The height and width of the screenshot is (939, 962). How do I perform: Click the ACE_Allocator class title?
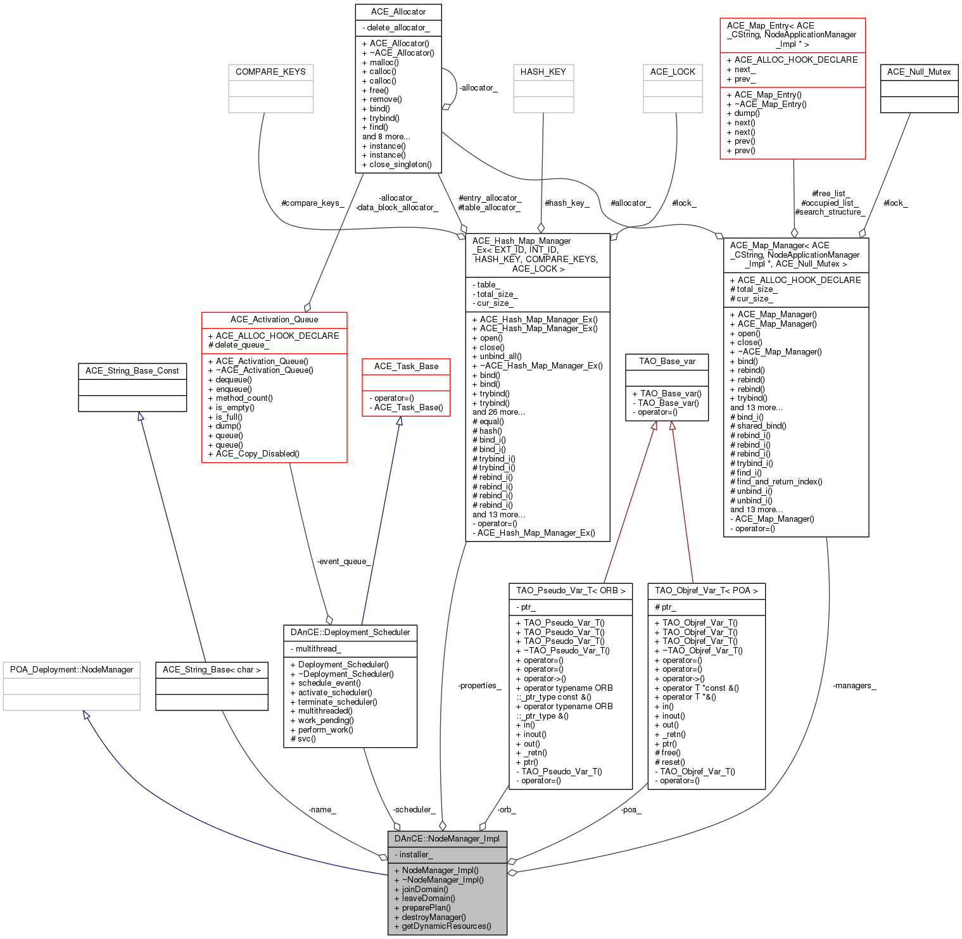pyautogui.click(x=398, y=12)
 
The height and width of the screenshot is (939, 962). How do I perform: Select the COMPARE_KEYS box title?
pyautogui.click(x=270, y=72)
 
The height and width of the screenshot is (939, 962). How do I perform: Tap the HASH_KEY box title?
pyautogui.click(x=543, y=72)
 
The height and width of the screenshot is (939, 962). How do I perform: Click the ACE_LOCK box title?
pyautogui.click(x=673, y=72)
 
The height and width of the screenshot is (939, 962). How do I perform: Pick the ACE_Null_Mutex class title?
pyautogui.click(x=919, y=72)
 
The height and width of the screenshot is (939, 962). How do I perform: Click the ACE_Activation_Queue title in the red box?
pyautogui.click(x=274, y=320)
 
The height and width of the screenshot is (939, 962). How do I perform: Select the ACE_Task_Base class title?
pyautogui.click(x=406, y=367)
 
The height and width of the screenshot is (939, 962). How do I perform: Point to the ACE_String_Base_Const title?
pyautogui.click(x=132, y=371)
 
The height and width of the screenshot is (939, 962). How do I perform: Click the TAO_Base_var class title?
pyautogui.click(x=667, y=362)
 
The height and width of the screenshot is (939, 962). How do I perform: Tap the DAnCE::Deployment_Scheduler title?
pyautogui.click(x=350, y=633)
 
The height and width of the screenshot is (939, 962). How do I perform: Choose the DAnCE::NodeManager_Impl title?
pyautogui.click(x=447, y=839)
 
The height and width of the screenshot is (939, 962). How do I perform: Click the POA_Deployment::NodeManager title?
pyautogui.click(x=72, y=670)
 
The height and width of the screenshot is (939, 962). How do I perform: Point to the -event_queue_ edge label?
pyautogui.click(x=343, y=562)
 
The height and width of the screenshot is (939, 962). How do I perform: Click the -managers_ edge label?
pyautogui.click(x=854, y=686)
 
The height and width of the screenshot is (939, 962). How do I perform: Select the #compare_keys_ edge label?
pyautogui.click(x=312, y=203)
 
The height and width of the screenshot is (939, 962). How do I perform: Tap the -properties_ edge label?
pyautogui.click(x=479, y=686)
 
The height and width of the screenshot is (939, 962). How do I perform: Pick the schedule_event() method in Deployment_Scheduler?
pyautogui.click(x=329, y=683)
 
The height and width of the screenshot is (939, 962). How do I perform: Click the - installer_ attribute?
pyautogui.click(x=414, y=855)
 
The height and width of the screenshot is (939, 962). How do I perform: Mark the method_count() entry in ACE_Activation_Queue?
pyautogui.click(x=244, y=398)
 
